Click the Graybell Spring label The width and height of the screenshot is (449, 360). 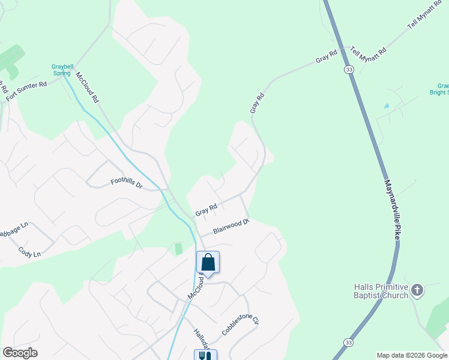click(x=62, y=70)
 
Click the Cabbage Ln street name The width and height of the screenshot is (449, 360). click(x=13, y=229)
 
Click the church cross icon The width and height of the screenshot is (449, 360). click(x=417, y=291)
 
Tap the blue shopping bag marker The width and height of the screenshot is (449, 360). click(x=208, y=263)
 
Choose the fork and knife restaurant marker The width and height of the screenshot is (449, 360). click(x=205, y=356)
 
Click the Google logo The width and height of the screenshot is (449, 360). click(x=20, y=353)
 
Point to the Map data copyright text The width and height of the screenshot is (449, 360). click(x=411, y=355)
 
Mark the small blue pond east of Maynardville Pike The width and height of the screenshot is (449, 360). click(x=386, y=106)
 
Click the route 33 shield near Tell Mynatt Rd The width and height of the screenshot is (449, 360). click(x=349, y=70)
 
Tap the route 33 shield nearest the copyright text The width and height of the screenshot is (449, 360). click(x=348, y=341)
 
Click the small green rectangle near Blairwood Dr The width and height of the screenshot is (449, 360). click(x=178, y=248)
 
